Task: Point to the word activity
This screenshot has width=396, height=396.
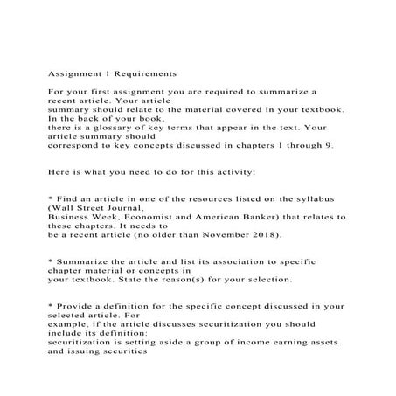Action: [x=230, y=170]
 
